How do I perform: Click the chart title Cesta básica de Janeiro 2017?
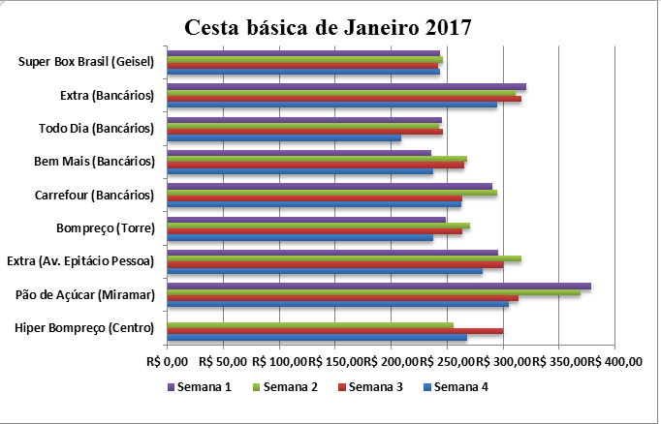(330, 26)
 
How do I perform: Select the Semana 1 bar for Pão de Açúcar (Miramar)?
(379, 287)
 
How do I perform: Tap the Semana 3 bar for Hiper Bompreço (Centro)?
(335, 331)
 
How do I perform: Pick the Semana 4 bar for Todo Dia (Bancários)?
(284, 138)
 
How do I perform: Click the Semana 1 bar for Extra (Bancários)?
(346, 87)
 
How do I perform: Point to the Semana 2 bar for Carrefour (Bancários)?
(331, 193)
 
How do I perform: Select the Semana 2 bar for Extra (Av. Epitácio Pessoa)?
(344, 258)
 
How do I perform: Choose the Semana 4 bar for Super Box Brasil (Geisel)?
(303, 72)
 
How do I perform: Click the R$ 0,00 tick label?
(166, 362)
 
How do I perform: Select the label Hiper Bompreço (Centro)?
(85, 327)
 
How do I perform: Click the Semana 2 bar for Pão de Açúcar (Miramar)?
(373, 292)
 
